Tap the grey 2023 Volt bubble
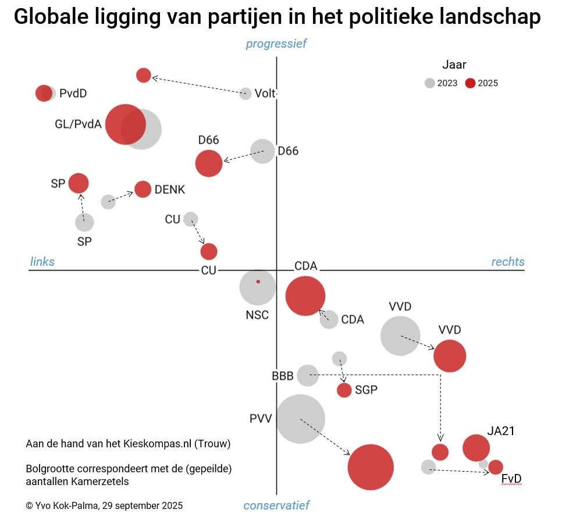click(245, 94)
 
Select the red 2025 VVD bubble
click(450, 356)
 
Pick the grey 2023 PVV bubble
click(300, 419)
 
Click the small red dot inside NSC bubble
click(258, 282)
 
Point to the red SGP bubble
click(344, 390)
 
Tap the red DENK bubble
click(143, 189)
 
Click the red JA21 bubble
click(476, 448)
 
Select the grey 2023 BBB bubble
click(307, 375)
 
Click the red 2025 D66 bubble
click(209, 163)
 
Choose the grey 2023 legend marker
click(429, 83)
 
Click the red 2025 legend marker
click(470, 83)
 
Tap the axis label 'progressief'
click(276, 44)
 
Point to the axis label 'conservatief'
click(276, 505)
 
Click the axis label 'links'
click(42, 262)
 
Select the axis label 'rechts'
click(508, 262)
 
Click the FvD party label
click(511, 479)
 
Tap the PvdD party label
click(73, 93)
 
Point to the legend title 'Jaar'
click(454, 65)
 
